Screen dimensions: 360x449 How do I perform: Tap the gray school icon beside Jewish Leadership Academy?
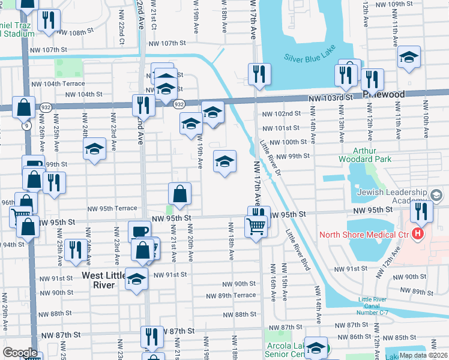tap(436, 195)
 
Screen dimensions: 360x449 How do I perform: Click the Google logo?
tap(20, 353)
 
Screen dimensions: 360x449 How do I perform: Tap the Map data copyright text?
tap(423, 355)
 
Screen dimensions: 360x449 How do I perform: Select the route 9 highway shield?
tap(26, 126)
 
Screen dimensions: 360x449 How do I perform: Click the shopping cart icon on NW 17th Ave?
tap(256, 227)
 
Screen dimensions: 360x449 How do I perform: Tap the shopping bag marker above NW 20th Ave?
tap(180, 194)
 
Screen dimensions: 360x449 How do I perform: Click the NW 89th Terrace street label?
tap(231, 296)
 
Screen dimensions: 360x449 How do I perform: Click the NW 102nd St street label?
tap(281, 113)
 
